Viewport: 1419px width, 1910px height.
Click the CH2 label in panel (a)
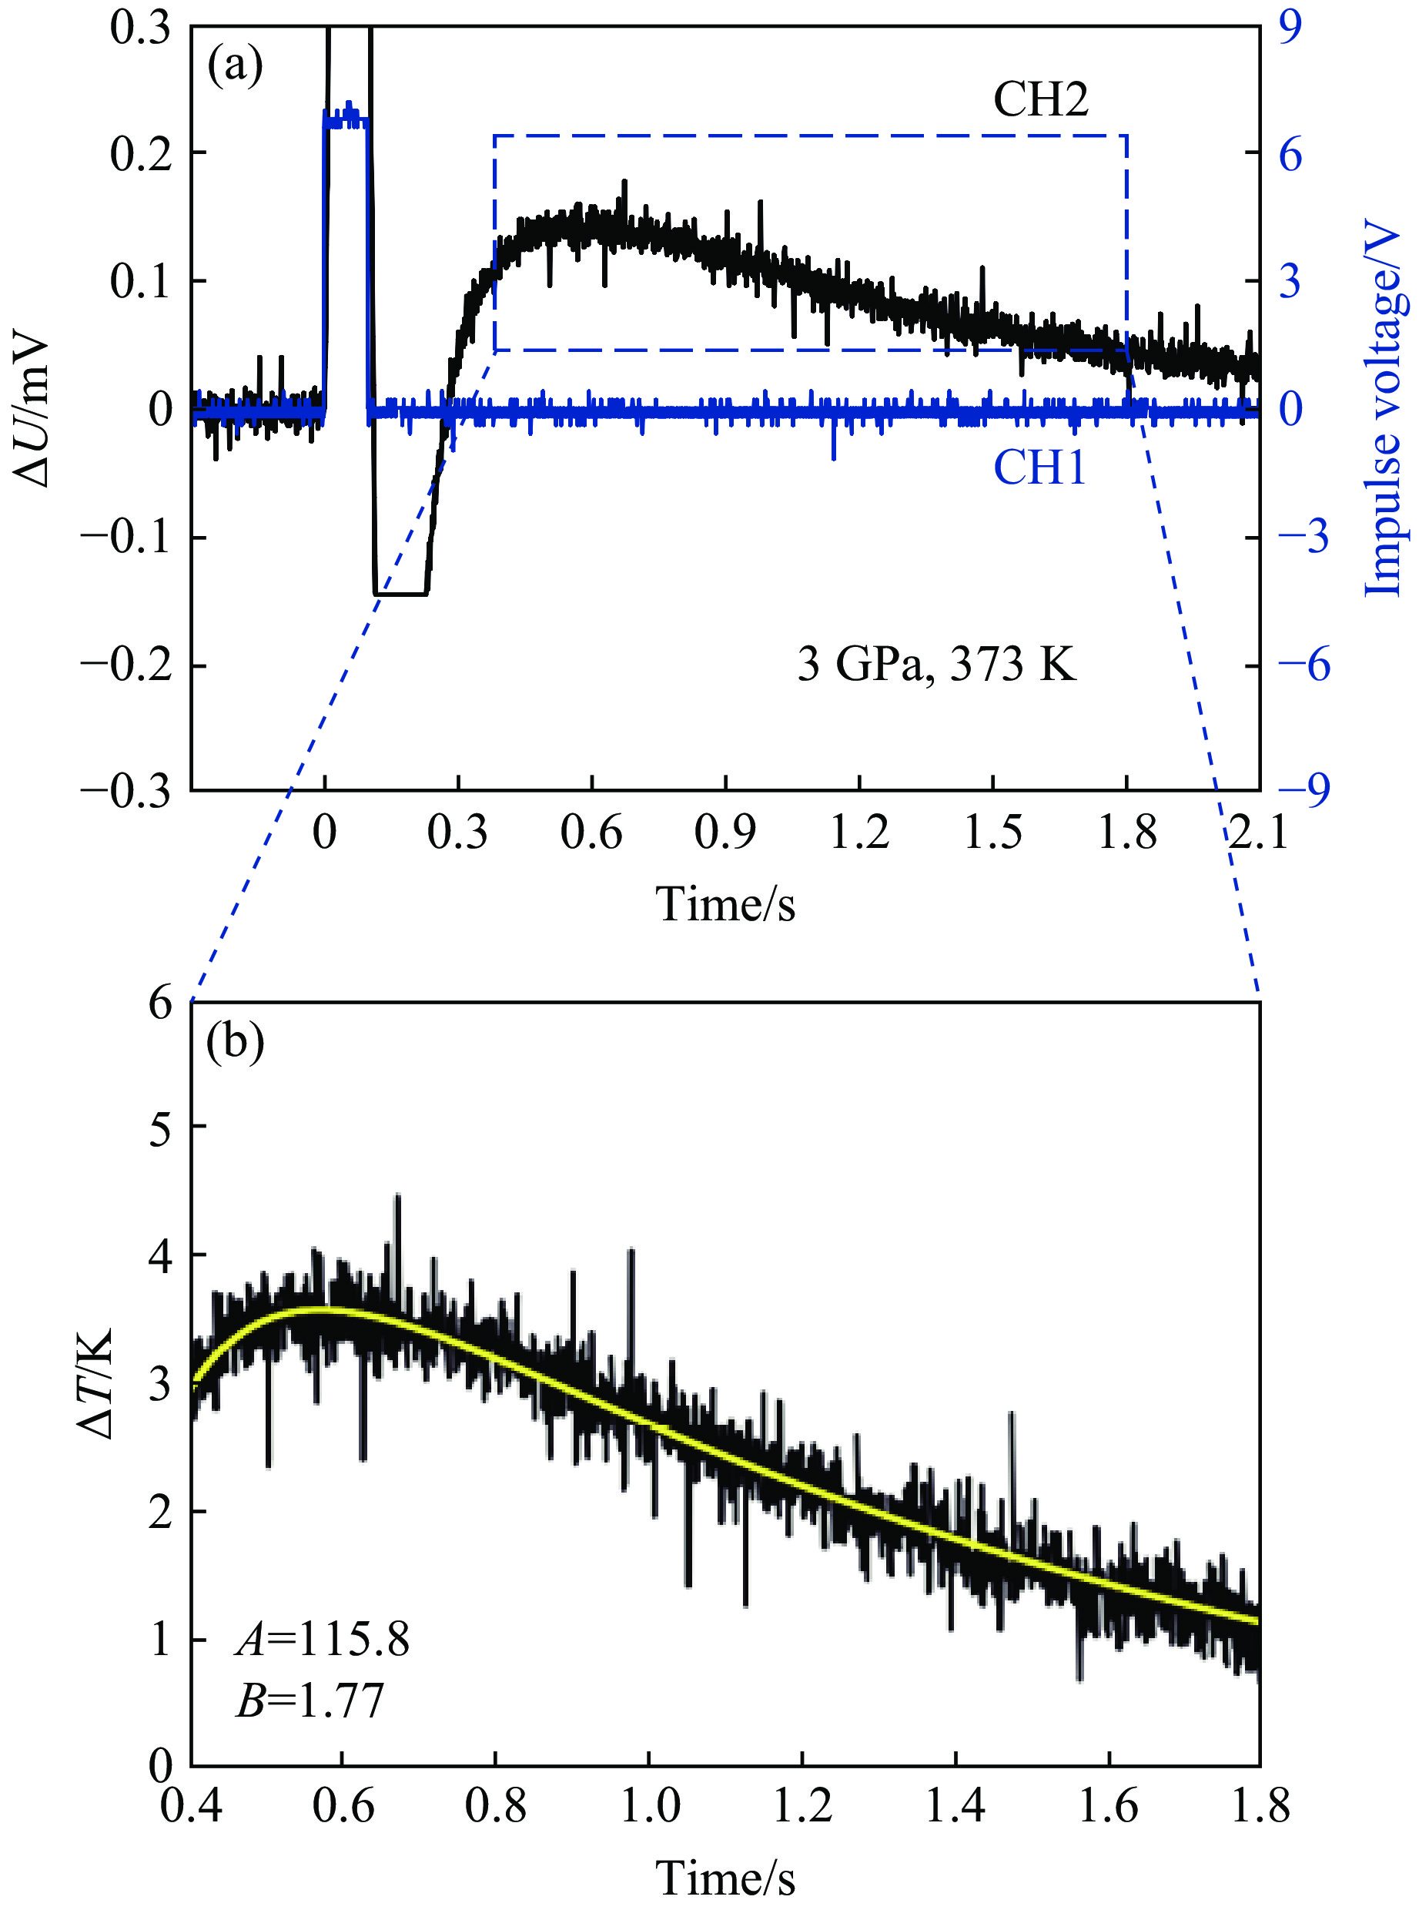1040,101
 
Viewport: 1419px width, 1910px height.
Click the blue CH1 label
1039,469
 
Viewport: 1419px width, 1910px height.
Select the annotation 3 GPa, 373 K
936,664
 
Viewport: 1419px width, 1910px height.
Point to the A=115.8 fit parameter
323,1640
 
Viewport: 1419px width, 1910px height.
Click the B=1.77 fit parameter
310,1701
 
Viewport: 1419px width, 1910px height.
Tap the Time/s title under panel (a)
726,904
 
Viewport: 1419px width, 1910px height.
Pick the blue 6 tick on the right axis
1291,154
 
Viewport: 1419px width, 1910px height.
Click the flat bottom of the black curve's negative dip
400,594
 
